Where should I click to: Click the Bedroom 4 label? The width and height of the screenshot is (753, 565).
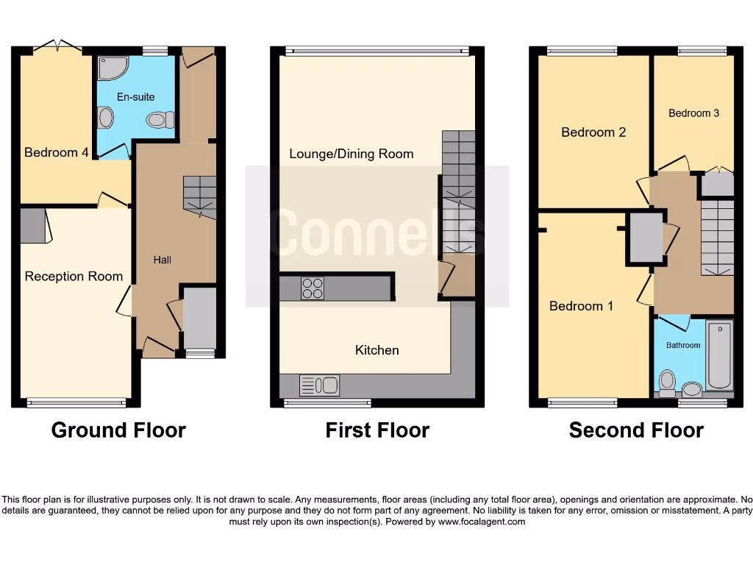(57, 152)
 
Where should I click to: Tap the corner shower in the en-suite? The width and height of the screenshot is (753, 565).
(113, 68)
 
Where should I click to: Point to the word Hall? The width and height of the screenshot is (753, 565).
(163, 260)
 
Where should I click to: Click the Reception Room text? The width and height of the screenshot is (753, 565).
(74, 277)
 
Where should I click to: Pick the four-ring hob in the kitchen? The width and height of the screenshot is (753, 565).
(312, 288)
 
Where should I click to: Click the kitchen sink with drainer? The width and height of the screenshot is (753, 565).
(319, 385)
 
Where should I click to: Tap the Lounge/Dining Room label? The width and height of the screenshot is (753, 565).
(351, 154)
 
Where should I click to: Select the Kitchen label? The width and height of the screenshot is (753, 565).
(376, 350)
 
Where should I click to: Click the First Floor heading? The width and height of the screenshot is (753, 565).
(376, 430)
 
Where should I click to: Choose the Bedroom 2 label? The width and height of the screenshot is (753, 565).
(593, 132)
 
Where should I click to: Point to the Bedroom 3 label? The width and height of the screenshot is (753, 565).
(693, 113)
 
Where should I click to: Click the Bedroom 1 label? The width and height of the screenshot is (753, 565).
(581, 306)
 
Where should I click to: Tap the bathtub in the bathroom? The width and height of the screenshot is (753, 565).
(719, 355)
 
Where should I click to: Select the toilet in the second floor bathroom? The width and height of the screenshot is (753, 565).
(668, 380)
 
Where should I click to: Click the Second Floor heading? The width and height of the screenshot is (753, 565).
(636, 430)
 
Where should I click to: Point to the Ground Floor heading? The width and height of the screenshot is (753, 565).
(118, 430)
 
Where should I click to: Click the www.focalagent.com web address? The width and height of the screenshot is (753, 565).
(482, 522)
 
